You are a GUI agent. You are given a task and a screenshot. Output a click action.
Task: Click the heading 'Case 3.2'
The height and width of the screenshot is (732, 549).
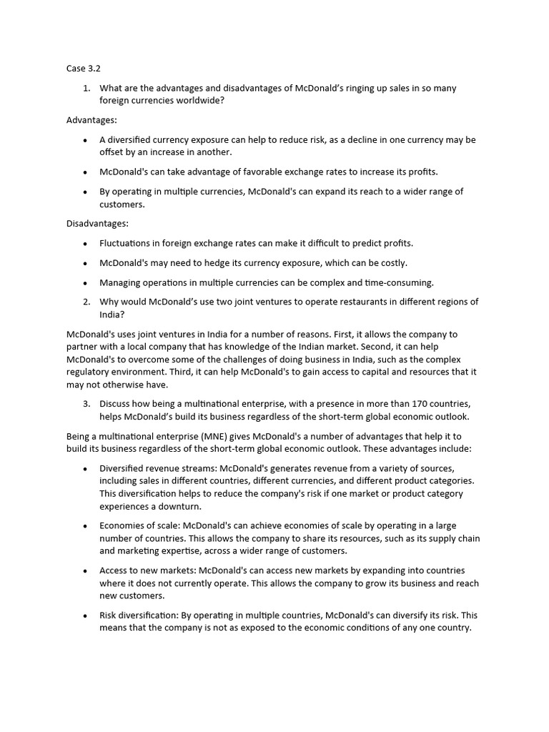point(83,69)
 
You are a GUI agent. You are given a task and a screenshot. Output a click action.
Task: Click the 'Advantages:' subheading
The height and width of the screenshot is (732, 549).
point(91,120)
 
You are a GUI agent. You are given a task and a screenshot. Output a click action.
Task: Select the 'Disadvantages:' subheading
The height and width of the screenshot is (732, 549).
point(97,224)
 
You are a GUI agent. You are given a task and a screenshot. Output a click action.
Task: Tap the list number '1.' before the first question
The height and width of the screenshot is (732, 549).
point(86,88)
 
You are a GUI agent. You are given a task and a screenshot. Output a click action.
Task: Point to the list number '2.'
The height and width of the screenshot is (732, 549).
point(86,302)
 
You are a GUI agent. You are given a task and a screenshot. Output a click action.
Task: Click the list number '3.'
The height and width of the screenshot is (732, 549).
point(86,404)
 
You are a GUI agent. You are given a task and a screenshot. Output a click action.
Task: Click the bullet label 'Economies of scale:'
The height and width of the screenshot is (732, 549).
point(140,525)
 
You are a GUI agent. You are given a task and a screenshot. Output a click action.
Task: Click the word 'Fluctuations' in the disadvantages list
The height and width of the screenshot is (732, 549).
point(127,243)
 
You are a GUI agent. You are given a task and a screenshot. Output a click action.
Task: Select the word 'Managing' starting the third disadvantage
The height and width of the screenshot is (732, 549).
point(120,282)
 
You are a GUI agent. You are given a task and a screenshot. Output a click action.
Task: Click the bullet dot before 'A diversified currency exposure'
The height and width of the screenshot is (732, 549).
point(85,140)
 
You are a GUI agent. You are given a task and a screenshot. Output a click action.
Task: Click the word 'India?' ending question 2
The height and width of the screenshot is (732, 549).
point(112,315)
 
